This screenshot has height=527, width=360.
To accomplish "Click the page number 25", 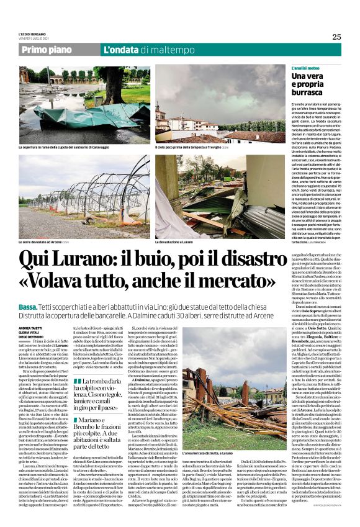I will pyautogui.click(x=336, y=37).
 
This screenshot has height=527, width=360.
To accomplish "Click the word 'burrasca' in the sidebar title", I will pyautogui.click(x=309, y=93).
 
